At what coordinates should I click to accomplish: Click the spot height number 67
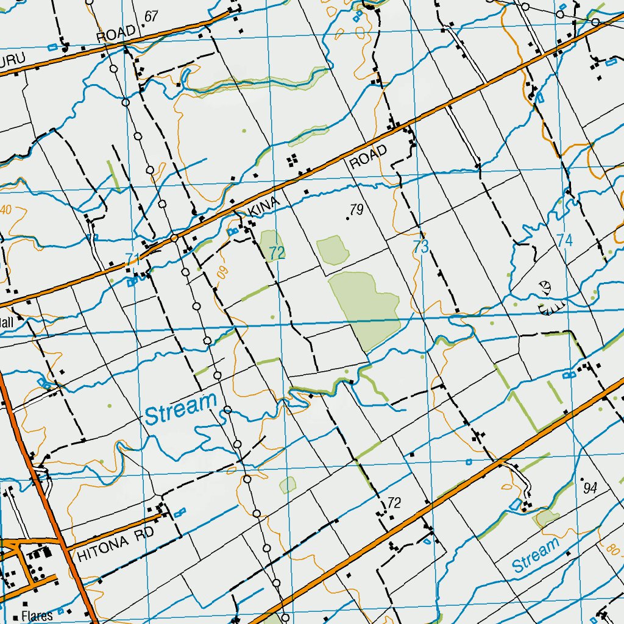tap(152, 16)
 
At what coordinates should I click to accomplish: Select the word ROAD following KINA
tap(368, 157)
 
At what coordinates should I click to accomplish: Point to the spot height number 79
tap(357, 210)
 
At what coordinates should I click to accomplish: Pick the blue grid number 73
tap(420, 247)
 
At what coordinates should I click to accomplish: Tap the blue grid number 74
tap(565, 241)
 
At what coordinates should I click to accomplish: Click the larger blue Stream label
tap(181, 409)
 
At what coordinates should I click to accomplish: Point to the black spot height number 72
tap(394, 503)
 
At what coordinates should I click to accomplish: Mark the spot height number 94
tap(589, 487)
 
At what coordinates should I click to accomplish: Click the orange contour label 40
tap(6, 210)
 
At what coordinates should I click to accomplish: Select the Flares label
tap(37, 615)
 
